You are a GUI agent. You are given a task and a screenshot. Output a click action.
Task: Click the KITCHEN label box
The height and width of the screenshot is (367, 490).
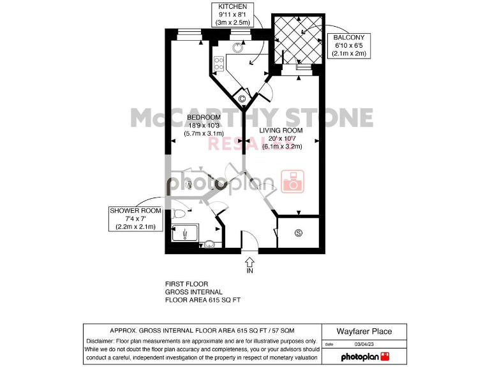tap(233, 14)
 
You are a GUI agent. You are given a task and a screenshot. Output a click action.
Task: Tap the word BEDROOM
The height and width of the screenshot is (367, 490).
tap(204, 117)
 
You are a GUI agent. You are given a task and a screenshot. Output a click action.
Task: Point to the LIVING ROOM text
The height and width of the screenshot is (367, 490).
tap(281, 130)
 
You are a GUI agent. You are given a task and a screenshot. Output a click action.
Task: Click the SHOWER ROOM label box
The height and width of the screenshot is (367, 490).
tap(135, 219)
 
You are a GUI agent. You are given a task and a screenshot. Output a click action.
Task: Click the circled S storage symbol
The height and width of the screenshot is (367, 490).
tap(298, 233)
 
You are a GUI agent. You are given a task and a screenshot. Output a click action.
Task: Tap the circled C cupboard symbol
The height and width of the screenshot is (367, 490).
tap(242, 98)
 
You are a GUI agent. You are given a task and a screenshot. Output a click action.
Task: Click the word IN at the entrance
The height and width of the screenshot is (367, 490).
tap(249, 271)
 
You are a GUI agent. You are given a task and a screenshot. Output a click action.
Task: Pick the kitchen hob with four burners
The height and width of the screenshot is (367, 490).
tap(218, 63)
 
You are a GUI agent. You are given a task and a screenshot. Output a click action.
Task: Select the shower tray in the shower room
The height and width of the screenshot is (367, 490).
tap(184, 232)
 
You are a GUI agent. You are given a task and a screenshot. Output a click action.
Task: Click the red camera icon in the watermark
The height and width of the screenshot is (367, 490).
tap(293, 182)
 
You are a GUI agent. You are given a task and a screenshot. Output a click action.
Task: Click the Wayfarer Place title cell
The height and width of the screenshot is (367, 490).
tap(364, 331)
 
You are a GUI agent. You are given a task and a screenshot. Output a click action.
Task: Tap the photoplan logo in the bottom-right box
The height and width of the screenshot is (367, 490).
tap(365, 356)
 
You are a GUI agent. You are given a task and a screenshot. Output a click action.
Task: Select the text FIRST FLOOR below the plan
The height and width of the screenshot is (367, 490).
tap(186, 284)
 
